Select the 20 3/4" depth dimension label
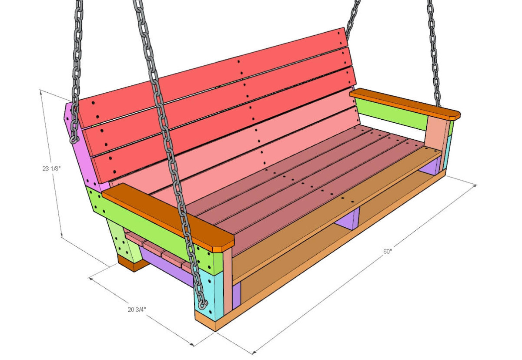point(137,310)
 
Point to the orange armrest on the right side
point(405,104)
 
